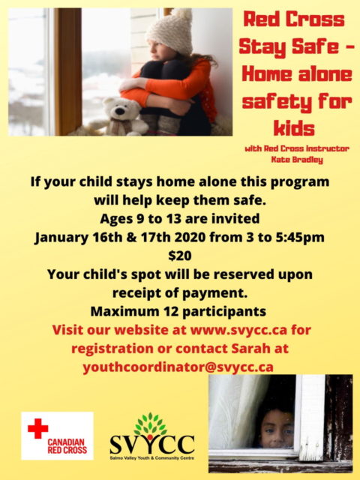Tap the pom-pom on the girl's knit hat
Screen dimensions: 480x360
coord(181,14)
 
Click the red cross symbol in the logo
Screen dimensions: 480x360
coord(37,429)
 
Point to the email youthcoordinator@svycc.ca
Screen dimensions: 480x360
coord(180,367)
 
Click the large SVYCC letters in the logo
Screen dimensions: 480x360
coord(152,442)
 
